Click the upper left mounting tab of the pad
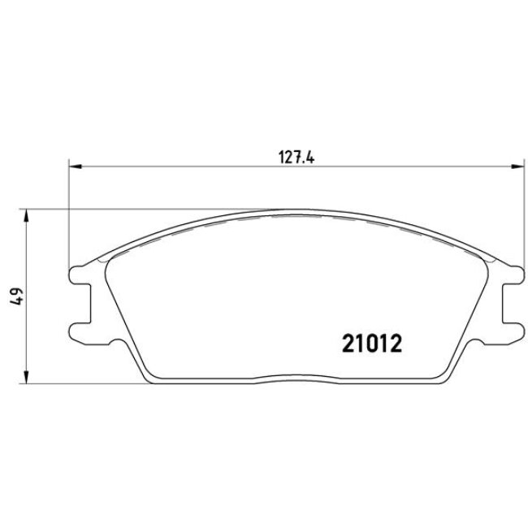(x=80, y=275)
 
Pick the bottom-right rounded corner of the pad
(x=441, y=377)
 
